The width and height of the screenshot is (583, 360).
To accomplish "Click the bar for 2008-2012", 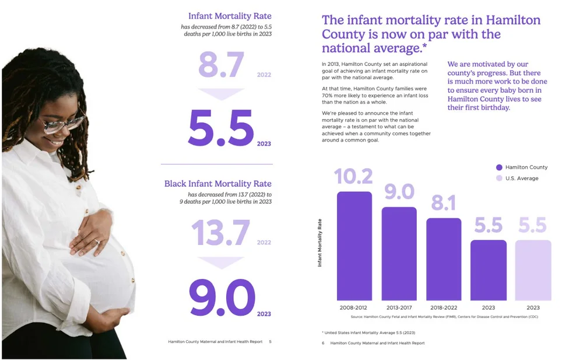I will click(x=354, y=246).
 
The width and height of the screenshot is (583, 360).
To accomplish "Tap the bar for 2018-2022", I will click(x=444, y=259).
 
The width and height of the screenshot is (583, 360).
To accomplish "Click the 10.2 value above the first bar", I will click(x=354, y=176).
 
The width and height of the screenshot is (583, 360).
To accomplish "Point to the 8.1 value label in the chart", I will click(x=444, y=202).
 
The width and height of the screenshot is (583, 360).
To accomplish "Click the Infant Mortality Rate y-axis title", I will click(x=319, y=243).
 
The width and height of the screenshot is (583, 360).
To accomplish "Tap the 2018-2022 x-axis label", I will click(x=444, y=307).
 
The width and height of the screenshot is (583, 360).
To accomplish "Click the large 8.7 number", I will click(x=221, y=65).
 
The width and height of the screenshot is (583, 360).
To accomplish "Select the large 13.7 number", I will click(x=220, y=233).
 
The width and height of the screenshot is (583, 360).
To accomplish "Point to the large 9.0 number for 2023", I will click(x=222, y=298).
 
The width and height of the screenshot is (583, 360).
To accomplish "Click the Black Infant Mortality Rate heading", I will click(x=218, y=184).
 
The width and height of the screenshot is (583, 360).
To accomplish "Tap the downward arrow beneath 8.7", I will click(x=221, y=94).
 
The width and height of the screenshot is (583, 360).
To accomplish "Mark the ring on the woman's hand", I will click(x=97, y=241).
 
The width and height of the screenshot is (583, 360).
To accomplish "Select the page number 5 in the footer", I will click(x=270, y=341).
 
